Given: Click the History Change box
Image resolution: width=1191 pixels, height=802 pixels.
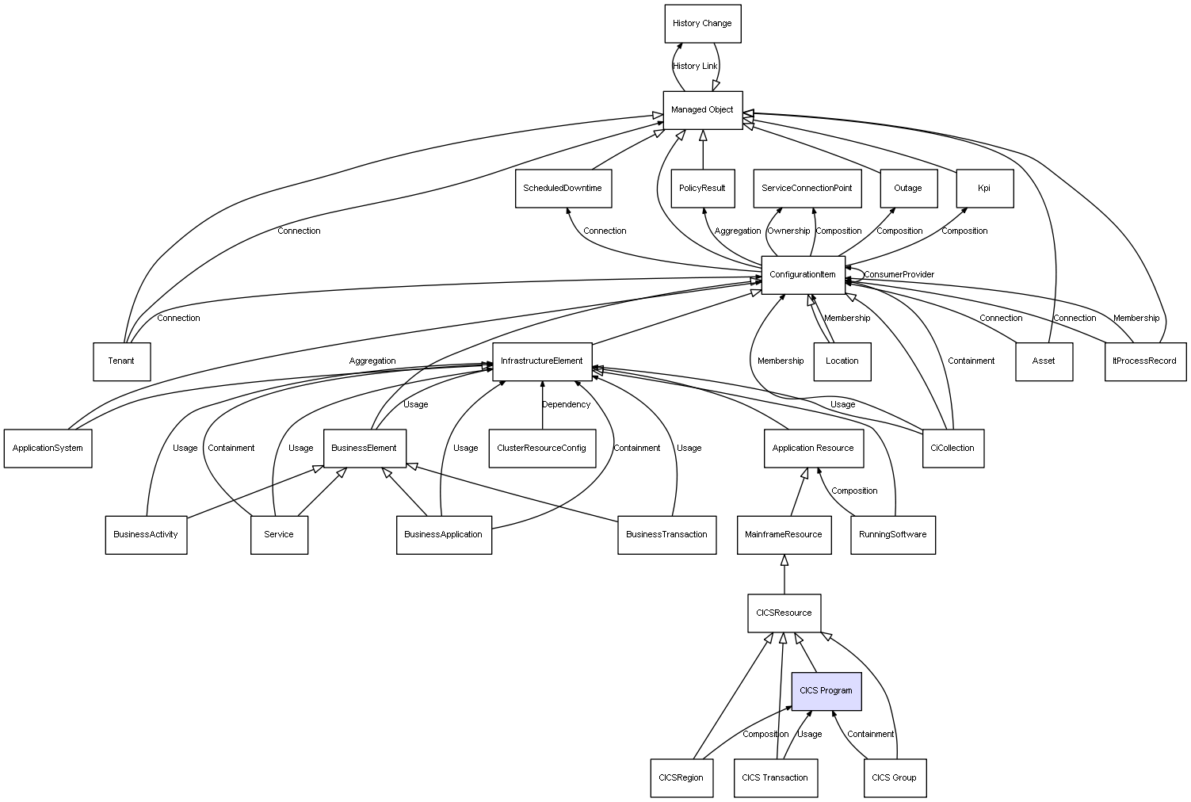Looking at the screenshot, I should coord(702,24).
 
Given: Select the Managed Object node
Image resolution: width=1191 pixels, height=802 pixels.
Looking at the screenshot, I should coord(702,110).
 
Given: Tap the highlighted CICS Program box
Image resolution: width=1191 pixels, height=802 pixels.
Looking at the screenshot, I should coord(826,691).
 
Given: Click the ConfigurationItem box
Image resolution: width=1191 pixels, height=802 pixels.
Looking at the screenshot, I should coord(803,275).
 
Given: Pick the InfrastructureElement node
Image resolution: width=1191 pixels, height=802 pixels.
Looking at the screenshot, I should coord(542,361).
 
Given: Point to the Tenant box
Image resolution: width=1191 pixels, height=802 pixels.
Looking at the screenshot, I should coord(121,361).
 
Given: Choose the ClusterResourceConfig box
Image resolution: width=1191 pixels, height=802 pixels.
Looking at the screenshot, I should coord(542,449).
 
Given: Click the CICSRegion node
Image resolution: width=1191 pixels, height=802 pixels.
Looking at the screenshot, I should coord(681,777).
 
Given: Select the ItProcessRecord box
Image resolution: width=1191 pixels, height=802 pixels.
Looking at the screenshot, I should coord(1145,361).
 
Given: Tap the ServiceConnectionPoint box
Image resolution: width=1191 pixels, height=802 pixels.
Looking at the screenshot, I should coord(807,189).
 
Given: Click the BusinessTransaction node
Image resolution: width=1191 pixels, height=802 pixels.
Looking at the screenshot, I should coord(666,535).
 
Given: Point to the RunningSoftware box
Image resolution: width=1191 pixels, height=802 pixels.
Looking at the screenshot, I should coord(893,535).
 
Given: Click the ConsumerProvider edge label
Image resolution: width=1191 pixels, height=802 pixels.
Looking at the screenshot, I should coord(899,275).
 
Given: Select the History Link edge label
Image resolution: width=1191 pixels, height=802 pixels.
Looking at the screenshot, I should coord(695,67).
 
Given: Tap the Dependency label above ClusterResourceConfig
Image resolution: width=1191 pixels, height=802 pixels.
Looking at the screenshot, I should coord(566,405).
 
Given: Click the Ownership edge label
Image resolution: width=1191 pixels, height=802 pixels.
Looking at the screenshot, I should coord(788,231).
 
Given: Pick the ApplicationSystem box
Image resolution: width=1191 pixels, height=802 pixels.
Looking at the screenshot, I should coord(48,449).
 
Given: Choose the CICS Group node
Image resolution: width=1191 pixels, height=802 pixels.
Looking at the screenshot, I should coord(894,777).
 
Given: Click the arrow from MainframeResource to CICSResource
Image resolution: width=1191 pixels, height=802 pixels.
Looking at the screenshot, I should coord(784,574).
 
